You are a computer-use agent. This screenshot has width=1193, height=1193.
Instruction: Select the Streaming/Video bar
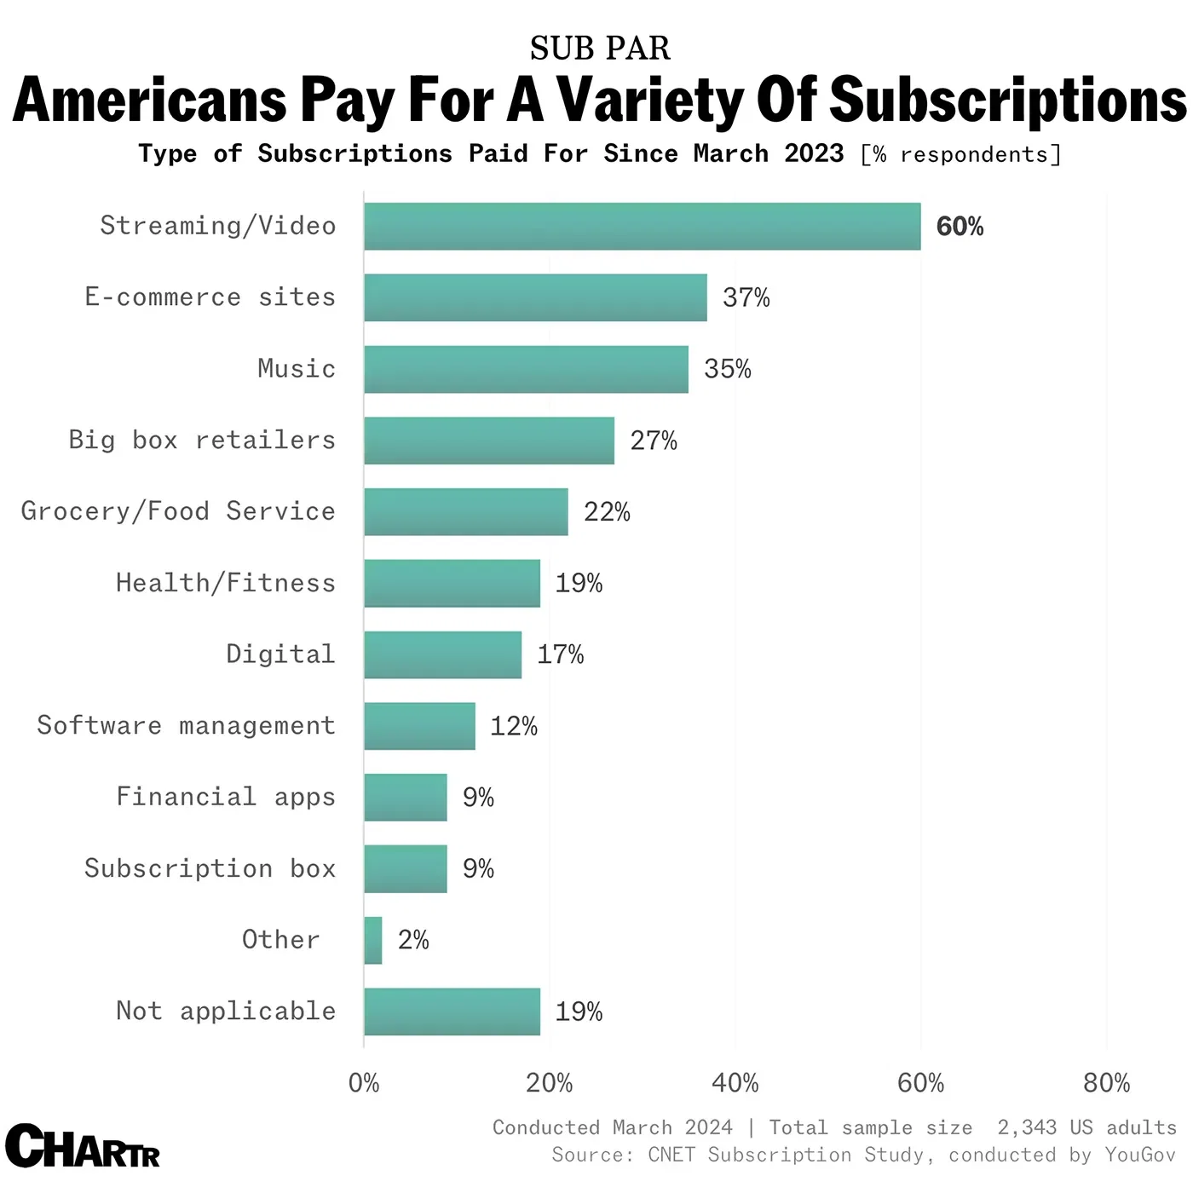(x=642, y=227)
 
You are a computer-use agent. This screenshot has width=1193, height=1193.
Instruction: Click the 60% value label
(x=960, y=227)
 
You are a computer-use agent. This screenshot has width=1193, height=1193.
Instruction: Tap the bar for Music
(x=526, y=369)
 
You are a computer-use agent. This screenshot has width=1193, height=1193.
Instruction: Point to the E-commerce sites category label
(x=210, y=297)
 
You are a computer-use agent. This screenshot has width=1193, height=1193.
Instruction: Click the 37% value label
(x=746, y=297)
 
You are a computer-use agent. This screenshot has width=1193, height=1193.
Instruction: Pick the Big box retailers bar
(x=489, y=441)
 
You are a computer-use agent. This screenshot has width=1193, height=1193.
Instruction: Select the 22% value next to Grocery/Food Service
(x=607, y=512)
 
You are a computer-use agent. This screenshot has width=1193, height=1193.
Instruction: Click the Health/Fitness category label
(x=226, y=583)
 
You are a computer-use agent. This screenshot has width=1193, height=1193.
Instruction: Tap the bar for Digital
(x=442, y=654)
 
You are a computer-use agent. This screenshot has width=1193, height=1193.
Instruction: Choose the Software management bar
(x=419, y=726)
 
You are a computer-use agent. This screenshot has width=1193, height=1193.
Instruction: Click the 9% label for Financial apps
(x=478, y=798)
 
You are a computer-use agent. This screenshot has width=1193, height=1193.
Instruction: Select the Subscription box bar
(x=406, y=869)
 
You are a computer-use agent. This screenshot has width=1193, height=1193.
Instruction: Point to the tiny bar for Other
(x=373, y=941)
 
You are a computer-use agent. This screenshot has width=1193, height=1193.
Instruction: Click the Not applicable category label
(x=226, y=1011)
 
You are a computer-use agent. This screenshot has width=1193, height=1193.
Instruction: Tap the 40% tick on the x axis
(x=735, y=1083)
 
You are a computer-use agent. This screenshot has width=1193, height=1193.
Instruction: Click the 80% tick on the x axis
(x=1106, y=1083)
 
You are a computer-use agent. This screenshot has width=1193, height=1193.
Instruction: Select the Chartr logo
(x=82, y=1147)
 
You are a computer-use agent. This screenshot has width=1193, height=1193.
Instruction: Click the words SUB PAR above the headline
(x=600, y=49)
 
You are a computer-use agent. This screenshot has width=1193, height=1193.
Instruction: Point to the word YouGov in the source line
(x=1139, y=1156)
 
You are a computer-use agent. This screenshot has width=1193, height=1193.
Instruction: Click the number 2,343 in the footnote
(x=1027, y=1128)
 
